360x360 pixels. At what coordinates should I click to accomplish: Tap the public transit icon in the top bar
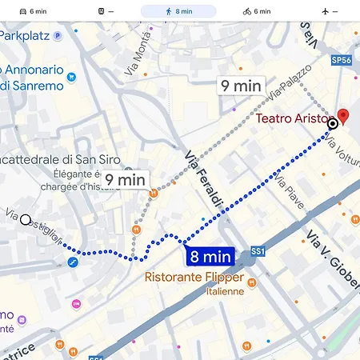point(102,12)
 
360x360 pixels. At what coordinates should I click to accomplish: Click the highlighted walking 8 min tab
point(178,12)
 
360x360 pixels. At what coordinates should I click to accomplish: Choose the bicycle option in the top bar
point(257,12)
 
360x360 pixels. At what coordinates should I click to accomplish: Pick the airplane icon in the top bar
point(330,12)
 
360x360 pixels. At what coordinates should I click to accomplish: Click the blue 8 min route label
point(210,257)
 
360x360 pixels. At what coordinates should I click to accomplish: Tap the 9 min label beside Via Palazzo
point(241,86)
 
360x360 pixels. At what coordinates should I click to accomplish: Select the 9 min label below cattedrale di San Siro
point(125,180)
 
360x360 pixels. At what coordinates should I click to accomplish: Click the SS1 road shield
point(258,251)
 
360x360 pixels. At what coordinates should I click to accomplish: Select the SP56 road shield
point(342,60)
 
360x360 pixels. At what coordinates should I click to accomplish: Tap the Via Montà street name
point(138,59)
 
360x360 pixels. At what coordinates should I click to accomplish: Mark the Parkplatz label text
point(25,36)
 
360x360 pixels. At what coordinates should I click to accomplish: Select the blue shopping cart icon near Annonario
point(72,78)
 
